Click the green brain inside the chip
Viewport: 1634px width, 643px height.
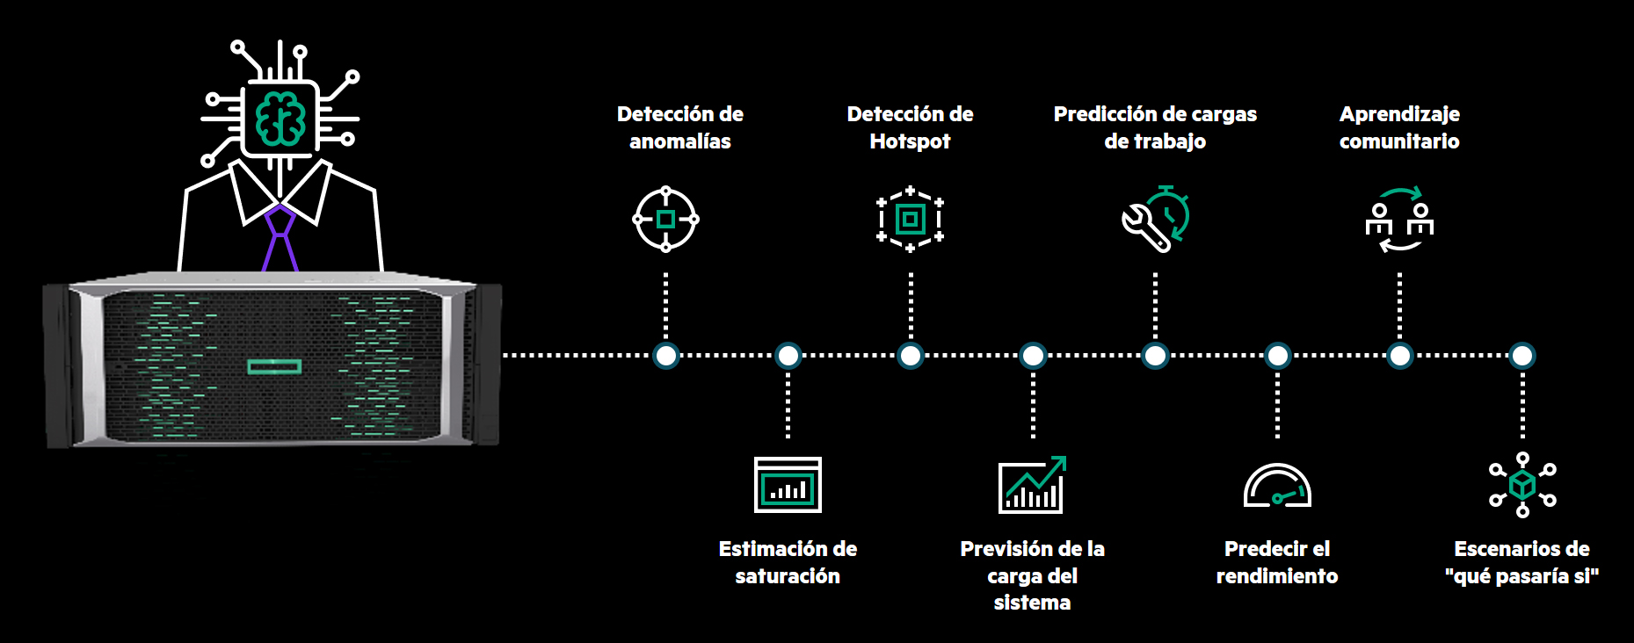point(280,119)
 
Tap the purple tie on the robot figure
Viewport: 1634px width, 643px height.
point(280,239)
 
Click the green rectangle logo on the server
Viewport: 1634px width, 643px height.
point(274,365)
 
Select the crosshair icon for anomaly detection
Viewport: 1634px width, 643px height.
point(665,219)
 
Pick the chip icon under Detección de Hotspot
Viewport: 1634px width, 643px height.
point(910,219)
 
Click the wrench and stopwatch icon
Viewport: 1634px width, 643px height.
point(1155,219)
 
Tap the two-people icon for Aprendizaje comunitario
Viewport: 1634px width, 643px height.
point(1399,220)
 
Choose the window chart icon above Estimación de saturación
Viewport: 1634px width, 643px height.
point(788,484)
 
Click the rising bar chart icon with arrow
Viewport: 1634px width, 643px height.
point(1032,484)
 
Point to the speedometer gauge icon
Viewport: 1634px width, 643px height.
point(1277,486)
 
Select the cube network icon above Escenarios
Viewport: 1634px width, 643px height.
point(1522,484)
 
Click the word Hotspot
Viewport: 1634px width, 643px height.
point(910,141)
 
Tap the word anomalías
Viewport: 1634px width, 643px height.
point(679,141)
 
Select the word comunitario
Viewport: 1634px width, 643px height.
point(1399,141)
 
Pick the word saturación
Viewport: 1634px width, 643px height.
point(788,576)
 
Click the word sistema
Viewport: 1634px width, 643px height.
point(1032,603)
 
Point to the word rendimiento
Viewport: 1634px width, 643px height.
point(1277,576)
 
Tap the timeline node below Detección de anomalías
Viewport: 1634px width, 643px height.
point(666,356)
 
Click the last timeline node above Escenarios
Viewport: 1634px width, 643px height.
point(1522,356)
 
